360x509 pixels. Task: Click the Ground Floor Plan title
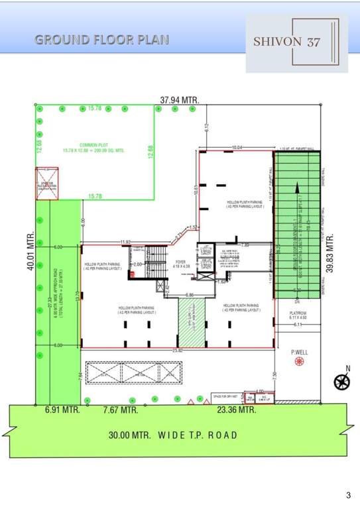click(x=101, y=39)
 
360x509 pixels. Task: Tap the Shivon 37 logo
click(x=296, y=42)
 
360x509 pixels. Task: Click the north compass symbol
click(x=342, y=380)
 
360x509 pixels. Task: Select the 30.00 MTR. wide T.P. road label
click(x=173, y=435)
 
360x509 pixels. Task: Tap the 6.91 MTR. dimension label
click(x=62, y=410)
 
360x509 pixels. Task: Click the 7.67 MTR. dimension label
click(x=121, y=410)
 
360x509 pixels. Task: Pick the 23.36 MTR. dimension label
click(x=237, y=410)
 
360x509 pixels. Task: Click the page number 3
click(x=348, y=494)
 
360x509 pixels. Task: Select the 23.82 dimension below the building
click(x=176, y=350)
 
